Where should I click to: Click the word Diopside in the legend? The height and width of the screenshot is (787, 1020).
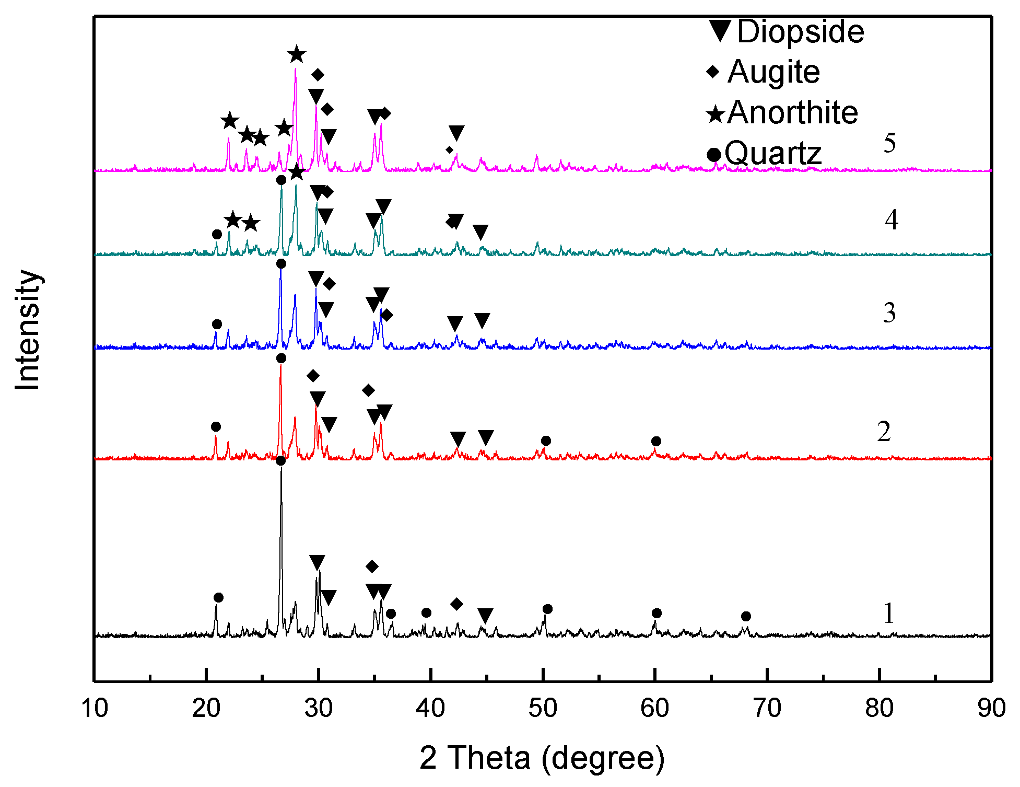pos(800,31)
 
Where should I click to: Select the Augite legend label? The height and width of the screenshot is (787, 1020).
pos(773,72)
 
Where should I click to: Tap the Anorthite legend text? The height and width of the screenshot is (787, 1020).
pos(792,112)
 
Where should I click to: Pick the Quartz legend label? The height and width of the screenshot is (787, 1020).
pos(773,153)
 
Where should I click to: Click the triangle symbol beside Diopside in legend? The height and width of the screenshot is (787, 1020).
pos(720,31)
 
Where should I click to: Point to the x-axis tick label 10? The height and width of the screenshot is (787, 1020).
pos(95,709)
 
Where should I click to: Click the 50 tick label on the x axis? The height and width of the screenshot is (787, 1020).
pos(543,709)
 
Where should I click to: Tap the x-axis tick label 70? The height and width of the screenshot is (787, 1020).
pos(767,709)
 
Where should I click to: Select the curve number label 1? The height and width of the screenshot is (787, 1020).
pos(888,613)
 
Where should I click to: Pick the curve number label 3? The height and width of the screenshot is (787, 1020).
pos(889,313)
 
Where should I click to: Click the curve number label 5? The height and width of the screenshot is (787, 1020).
pos(889,143)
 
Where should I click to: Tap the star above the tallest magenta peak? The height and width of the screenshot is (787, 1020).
pos(297,54)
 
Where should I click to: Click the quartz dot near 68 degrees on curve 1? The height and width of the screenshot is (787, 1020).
pos(746,616)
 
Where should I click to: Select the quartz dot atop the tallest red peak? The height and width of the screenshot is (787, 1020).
pos(281,358)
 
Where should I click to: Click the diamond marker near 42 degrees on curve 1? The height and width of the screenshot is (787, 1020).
pos(456,604)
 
